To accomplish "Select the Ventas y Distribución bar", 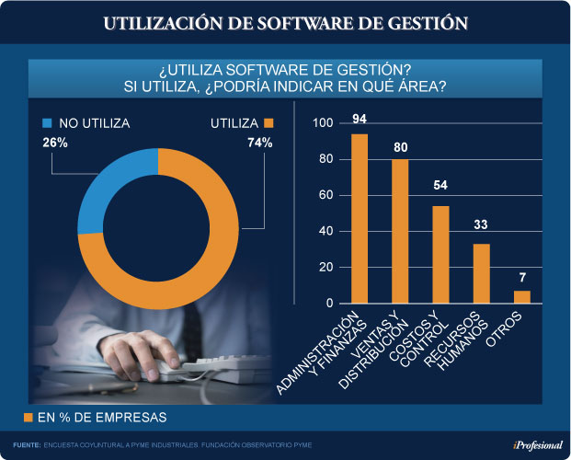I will tap(400, 232).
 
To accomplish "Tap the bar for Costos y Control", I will tap(440, 255).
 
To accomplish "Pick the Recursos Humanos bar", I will tap(481, 273).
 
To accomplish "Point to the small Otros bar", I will tap(522, 297).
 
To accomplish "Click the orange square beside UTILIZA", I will tap(269, 122).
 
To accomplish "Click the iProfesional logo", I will tap(537, 445).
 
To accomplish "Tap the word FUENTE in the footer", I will tap(26, 445).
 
